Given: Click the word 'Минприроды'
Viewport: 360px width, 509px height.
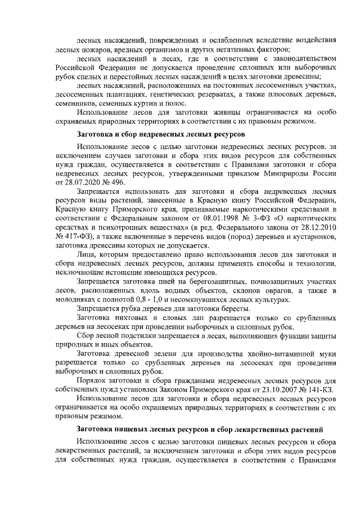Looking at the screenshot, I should click(x=290, y=173).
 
